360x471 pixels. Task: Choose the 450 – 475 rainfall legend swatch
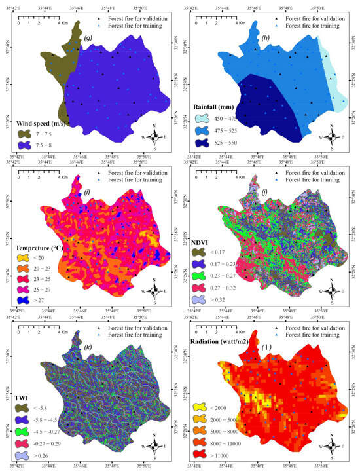click(x=207, y=119)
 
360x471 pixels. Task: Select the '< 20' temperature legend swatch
click(x=27, y=261)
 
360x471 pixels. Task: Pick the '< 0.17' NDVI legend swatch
click(x=206, y=252)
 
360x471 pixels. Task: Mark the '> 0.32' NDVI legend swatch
click(x=206, y=301)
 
